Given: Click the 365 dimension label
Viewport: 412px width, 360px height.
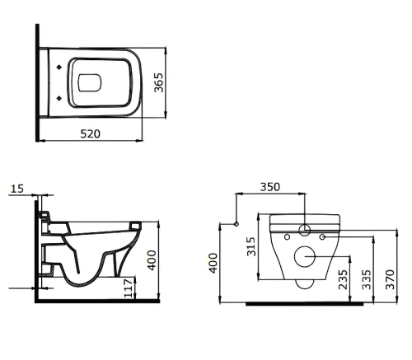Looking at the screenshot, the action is click(x=158, y=82).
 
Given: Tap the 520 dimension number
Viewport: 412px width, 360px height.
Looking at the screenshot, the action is click(x=91, y=133).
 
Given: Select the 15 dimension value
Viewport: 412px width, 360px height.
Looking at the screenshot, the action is click(x=17, y=189).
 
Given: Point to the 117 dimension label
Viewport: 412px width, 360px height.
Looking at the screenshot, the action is click(x=129, y=288).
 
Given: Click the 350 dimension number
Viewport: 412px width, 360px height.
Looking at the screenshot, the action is click(x=270, y=187).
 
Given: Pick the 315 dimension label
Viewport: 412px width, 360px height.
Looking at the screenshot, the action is click(x=251, y=246).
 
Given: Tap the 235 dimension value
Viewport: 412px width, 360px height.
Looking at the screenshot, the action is click(x=343, y=279).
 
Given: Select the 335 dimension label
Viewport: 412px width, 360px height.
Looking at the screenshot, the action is click(x=367, y=279).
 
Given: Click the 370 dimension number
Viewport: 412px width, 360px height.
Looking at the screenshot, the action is click(x=390, y=279).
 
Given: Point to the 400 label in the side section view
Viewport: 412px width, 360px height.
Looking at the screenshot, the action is click(x=152, y=260).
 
